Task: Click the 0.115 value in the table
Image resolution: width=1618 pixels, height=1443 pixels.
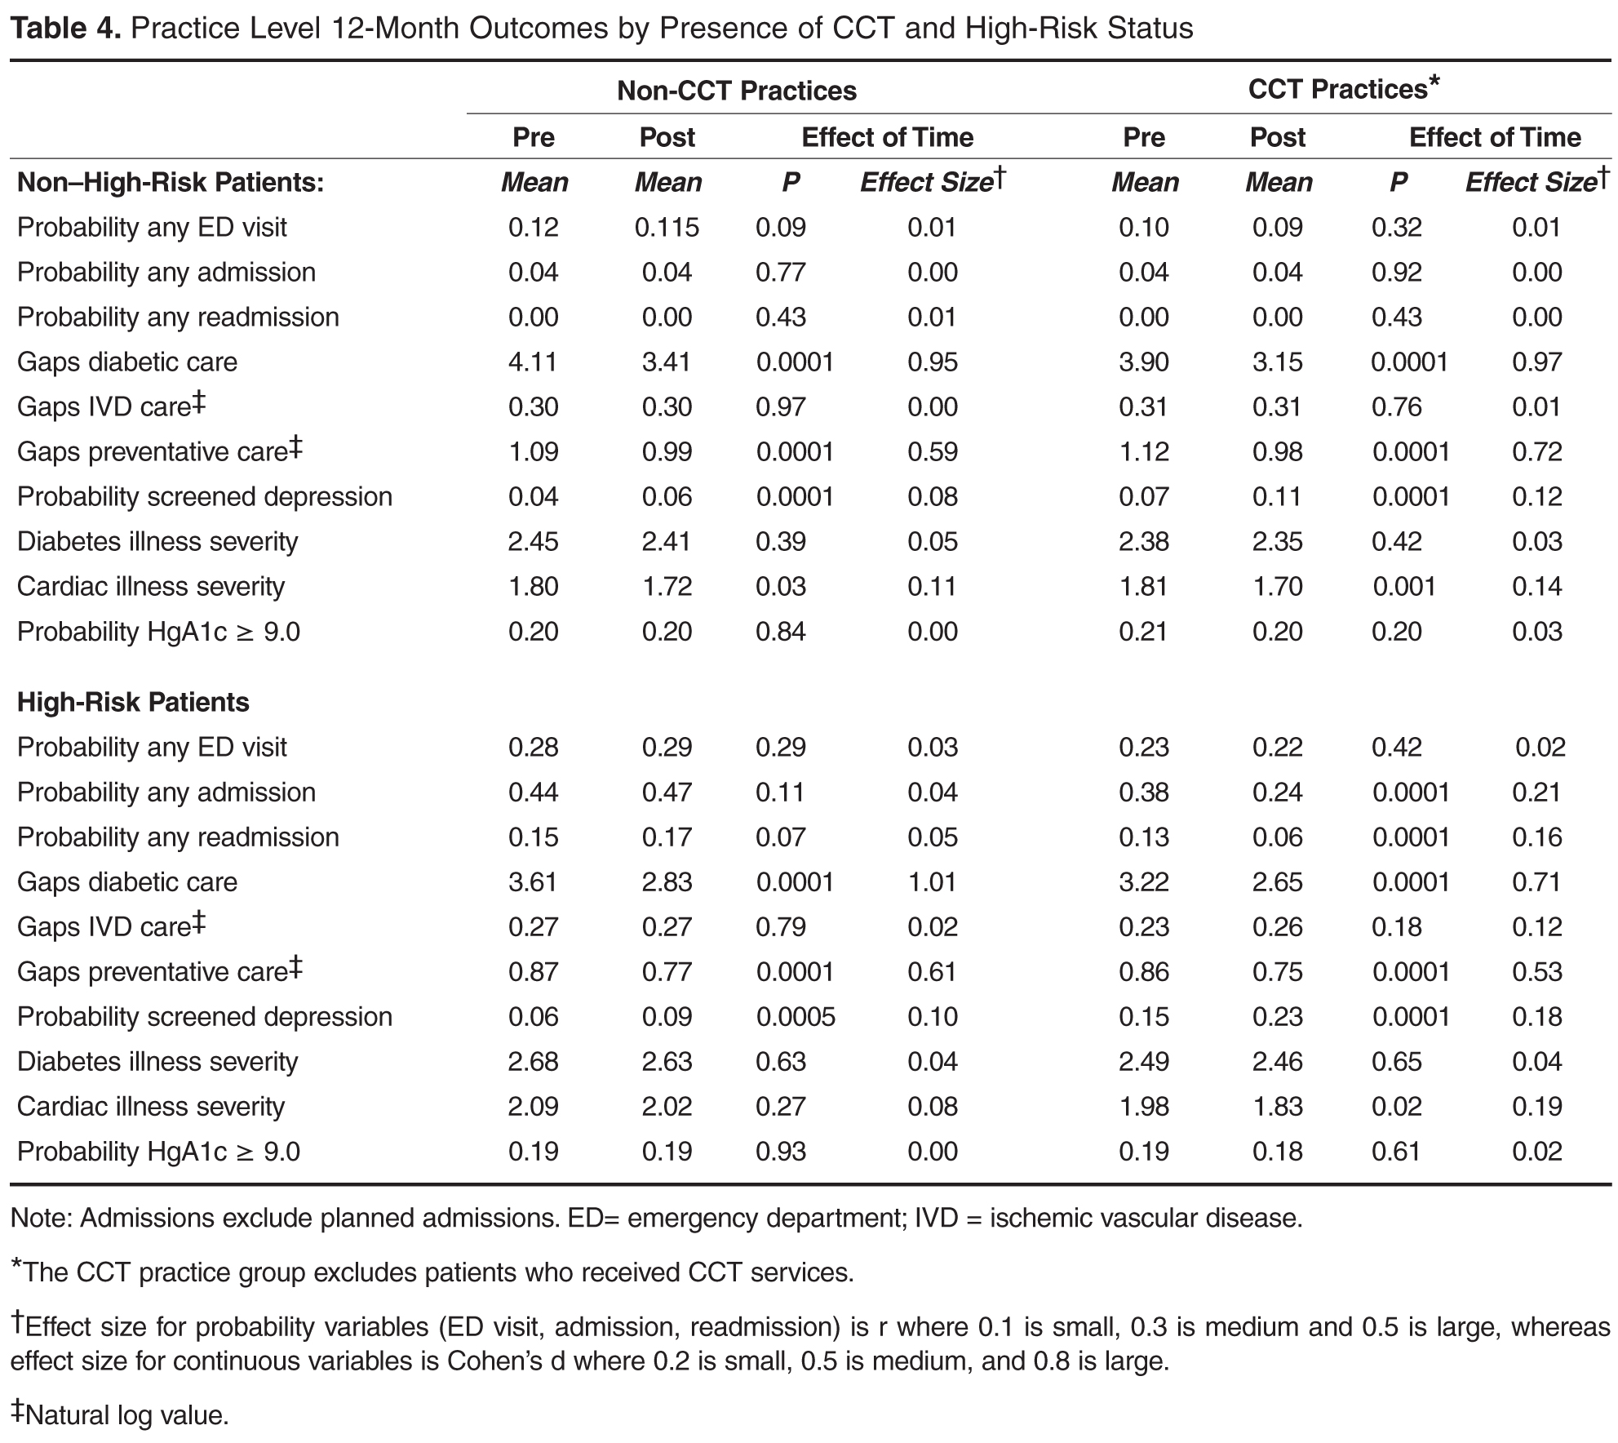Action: pyautogui.click(x=667, y=227)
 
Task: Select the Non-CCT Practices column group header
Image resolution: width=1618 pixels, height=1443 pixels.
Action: pyautogui.click(x=736, y=91)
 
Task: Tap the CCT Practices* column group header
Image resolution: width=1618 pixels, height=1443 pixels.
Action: pyautogui.click(x=1343, y=89)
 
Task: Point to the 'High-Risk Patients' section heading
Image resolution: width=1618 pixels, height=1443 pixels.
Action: pyautogui.click(x=133, y=702)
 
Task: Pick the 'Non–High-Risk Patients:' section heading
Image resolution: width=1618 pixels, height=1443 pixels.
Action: pyautogui.click(x=171, y=182)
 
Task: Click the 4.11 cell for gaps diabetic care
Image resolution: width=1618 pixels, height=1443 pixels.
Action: pyautogui.click(x=533, y=362)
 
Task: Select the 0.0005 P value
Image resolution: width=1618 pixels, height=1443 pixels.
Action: pyautogui.click(x=795, y=1016)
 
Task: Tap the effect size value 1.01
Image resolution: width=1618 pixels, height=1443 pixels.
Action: pyautogui.click(x=932, y=881)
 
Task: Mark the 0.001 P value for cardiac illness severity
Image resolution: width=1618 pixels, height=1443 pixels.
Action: pyautogui.click(x=1403, y=586)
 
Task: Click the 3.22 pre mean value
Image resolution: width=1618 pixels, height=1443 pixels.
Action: pyautogui.click(x=1143, y=881)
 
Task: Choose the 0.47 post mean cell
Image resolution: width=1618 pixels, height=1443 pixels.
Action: pyautogui.click(x=667, y=792)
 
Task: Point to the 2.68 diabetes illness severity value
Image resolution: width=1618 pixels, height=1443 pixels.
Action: pyautogui.click(x=533, y=1061)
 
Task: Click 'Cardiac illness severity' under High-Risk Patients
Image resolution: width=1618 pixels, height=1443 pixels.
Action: pyautogui.click(x=151, y=1106)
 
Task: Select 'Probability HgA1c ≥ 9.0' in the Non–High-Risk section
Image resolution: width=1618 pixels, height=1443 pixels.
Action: pyautogui.click(x=158, y=631)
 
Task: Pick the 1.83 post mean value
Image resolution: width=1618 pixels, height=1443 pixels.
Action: pyautogui.click(x=1277, y=1106)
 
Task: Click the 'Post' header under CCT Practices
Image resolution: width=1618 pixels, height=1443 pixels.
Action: pyautogui.click(x=1277, y=137)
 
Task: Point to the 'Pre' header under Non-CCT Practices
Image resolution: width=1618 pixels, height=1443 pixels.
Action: pyautogui.click(x=533, y=137)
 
